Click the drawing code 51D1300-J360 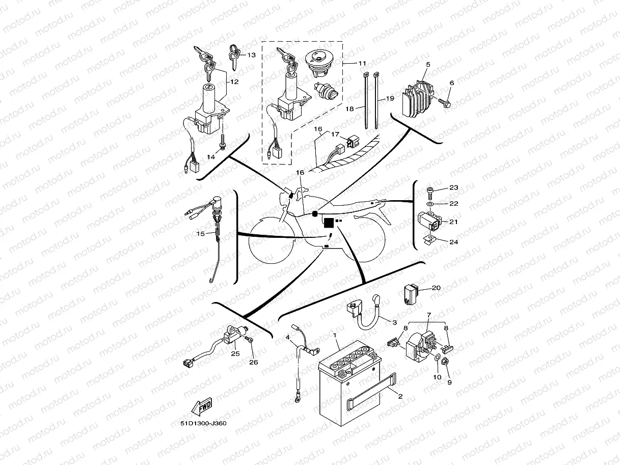coord(204,423)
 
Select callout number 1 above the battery coord(335,335)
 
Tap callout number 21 coord(453,222)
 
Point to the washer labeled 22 coord(430,205)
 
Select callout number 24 coord(453,242)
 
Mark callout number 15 coord(201,234)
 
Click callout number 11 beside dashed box coord(362,63)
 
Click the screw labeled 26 coord(249,339)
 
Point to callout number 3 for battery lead coord(394,322)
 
